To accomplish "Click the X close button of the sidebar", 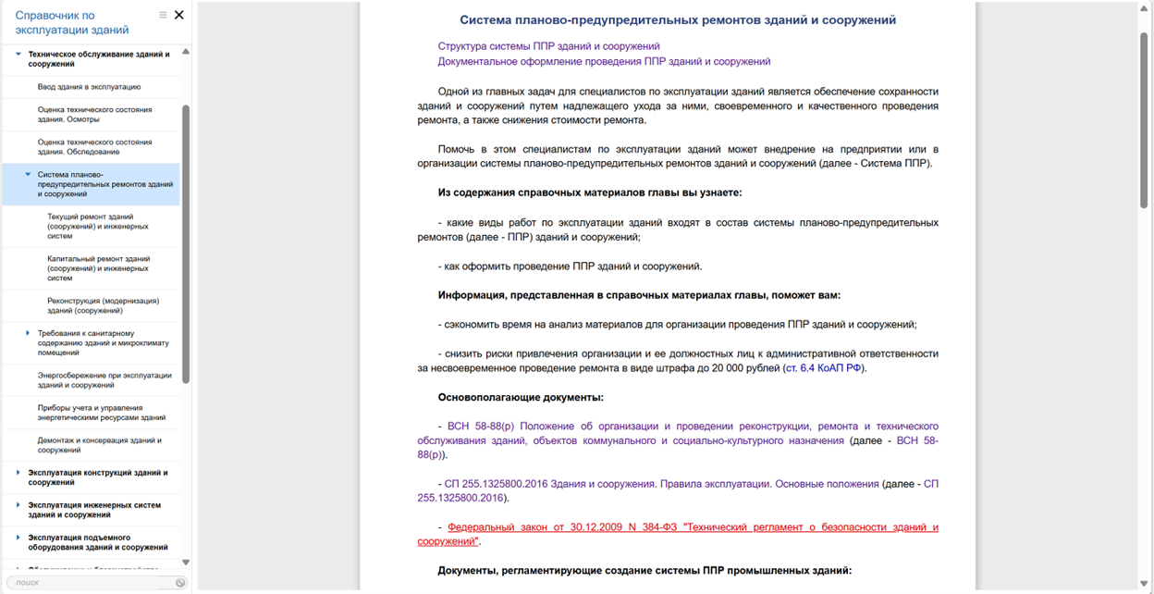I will pos(179,15).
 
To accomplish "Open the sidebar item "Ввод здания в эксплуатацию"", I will pos(89,87).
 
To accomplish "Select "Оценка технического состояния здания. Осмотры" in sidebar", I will pos(94,115).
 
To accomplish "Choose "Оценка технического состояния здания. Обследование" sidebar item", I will pos(94,147).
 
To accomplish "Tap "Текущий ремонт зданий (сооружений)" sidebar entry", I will pos(98,227).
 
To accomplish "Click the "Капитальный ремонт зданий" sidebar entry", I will pos(98,268).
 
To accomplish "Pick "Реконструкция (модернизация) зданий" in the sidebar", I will pos(103,305).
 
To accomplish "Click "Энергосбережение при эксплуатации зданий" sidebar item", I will pos(104,380).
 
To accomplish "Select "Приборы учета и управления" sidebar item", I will pos(102,413).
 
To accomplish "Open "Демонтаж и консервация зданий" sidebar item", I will pos(100,445).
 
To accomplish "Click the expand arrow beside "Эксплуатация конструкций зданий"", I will pos(18,473).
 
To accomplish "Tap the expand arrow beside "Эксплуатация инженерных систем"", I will pos(18,505).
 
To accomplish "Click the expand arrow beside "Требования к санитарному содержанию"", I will pos(28,333).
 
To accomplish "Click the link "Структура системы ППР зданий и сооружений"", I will pos(548,46).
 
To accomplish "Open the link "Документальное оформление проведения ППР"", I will pos(604,62).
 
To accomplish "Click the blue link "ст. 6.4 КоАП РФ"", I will pos(823,368).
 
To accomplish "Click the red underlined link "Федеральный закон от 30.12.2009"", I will pos(692,527).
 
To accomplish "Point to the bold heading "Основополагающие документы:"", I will pos(521,398).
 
